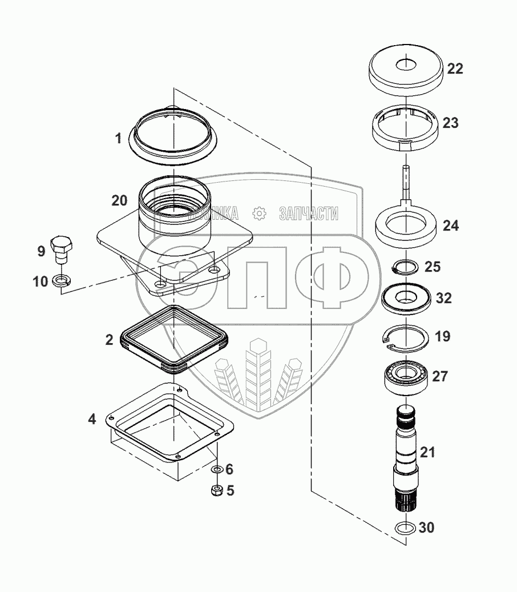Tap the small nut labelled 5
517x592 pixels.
[x=217, y=490]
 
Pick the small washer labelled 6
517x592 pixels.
[x=217, y=469]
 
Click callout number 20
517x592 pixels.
[x=119, y=200]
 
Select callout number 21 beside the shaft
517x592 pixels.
[x=427, y=452]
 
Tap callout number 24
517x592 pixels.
[x=451, y=225]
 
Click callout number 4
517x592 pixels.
[x=92, y=419]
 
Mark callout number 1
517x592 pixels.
[x=118, y=139]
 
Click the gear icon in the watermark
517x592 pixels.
[x=259, y=214]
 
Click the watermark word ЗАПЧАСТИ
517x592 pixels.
[x=309, y=214]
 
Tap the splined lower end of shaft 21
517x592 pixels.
[x=406, y=500]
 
